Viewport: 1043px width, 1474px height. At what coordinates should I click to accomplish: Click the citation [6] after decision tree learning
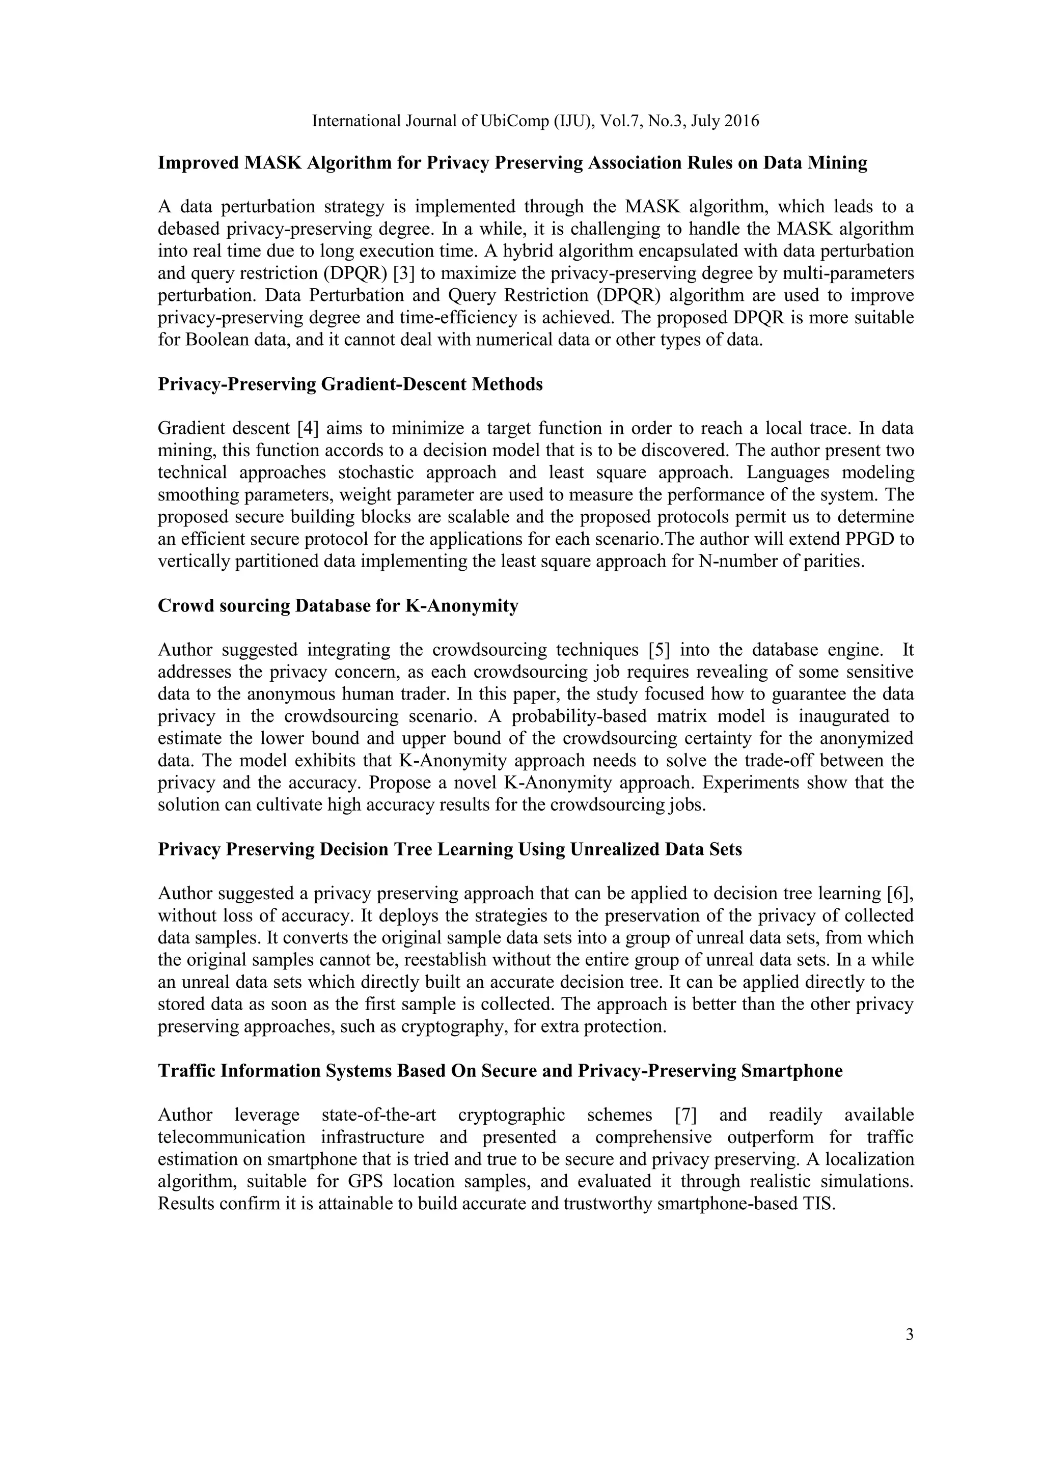(899, 894)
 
